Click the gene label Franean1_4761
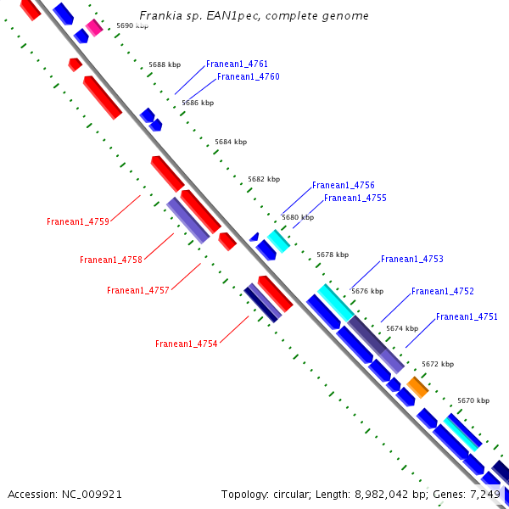[237, 64]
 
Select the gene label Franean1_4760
[248, 77]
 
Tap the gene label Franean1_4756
[343, 186]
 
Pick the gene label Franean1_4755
[355, 199]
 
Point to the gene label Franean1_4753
[411, 260]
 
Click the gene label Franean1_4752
[442, 292]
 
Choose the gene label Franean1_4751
[467, 317]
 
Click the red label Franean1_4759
[78, 222]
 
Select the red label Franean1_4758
[110, 260]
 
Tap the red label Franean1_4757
[138, 291]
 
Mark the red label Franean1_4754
[186, 344]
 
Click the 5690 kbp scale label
[131, 26]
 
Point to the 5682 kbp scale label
[263, 180]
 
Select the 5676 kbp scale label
[367, 291]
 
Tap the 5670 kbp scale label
[473, 400]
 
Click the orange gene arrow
[417, 387]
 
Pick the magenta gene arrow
[93, 28]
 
